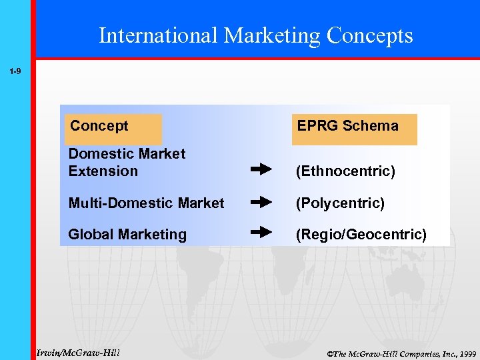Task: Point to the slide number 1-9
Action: click(x=15, y=70)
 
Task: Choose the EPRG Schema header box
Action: click(x=354, y=127)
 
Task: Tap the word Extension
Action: click(x=103, y=171)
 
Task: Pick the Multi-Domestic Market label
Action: click(x=146, y=203)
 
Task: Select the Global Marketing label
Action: click(x=127, y=235)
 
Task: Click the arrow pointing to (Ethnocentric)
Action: click(x=261, y=170)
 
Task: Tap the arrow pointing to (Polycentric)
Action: click(x=261, y=201)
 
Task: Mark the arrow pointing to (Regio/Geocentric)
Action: click(x=261, y=233)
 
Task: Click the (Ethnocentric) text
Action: click(x=346, y=172)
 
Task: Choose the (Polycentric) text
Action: click(x=340, y=203)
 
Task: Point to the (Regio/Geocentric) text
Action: click(x=361, y=235)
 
